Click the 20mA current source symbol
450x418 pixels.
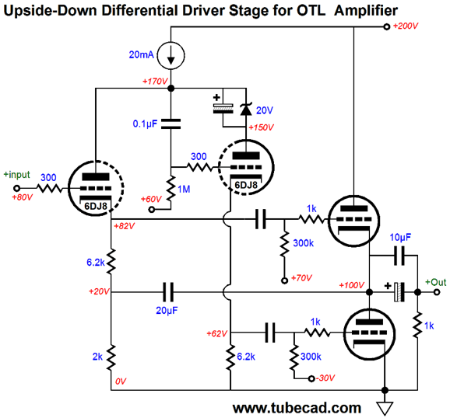[171, 56]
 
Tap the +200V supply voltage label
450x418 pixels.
[405, 26]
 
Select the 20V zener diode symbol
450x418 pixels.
[246, 109]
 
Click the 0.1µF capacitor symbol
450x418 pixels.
[171, 124]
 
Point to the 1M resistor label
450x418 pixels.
[184, 189]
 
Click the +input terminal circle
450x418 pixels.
[17, 188]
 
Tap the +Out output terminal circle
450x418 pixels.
[437, 292]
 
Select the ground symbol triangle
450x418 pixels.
[385, 408]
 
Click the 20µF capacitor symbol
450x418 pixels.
[168, 292]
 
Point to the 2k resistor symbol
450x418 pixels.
[111, 357]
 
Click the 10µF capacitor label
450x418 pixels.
[400, 237]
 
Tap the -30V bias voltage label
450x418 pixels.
[325, 378]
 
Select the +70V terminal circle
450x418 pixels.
[284, 280]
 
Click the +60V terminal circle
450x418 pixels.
[152, 210]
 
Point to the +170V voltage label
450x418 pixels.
[155, 82]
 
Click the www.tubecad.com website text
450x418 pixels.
[297, 408]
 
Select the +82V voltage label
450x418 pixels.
[125, 226]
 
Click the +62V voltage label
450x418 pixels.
[217, 333]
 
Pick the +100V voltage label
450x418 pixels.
[352, 285]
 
